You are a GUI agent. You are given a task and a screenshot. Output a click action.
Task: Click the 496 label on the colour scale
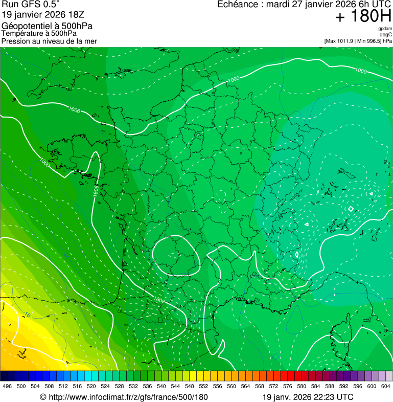7,386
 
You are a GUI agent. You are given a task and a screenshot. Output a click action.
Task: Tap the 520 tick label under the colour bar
91,386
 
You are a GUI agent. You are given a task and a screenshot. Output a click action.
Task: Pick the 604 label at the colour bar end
386,386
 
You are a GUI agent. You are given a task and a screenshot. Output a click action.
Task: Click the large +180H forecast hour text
363,16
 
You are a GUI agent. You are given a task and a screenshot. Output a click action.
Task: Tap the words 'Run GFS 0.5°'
31,5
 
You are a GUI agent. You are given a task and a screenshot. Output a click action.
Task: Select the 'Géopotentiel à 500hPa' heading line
47,26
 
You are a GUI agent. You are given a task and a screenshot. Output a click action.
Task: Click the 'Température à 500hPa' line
39,33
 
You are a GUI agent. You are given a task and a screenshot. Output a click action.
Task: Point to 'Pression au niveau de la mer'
49,41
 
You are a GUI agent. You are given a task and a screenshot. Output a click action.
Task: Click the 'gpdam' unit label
385,29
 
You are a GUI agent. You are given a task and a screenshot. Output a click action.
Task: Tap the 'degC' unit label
386,34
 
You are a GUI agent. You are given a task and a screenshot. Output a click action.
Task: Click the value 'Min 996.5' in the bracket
369,41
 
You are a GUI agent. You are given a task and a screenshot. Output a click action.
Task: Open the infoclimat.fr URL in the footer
128,397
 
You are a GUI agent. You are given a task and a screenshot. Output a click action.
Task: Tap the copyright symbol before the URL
43,397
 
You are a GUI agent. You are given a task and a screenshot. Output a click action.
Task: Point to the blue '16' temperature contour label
27,315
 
